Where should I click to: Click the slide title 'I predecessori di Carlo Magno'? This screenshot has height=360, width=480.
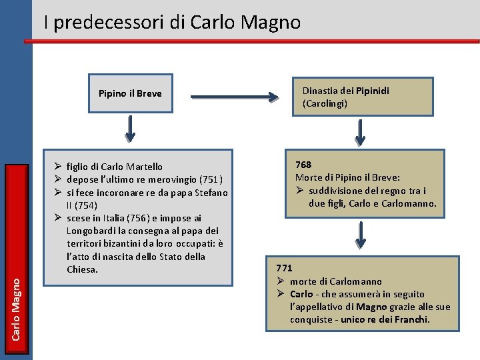pos(172,23)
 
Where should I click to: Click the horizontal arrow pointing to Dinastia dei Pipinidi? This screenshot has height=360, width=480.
pos(234,99)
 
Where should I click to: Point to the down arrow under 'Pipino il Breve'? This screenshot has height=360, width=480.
pos(131,128)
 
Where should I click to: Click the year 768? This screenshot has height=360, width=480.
pos(303,165)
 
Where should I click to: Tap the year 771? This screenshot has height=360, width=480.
pos(285,268)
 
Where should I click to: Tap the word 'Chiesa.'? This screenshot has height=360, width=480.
pos(83,269)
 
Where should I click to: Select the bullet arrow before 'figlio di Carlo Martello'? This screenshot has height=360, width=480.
pos(58,167)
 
